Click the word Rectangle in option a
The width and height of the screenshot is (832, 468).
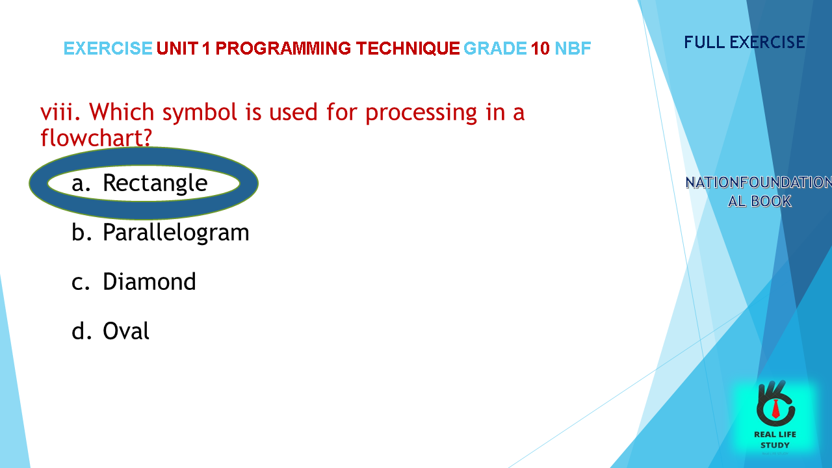(x=155, y=183)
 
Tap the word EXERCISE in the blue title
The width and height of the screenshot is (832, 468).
(x=108, y=48)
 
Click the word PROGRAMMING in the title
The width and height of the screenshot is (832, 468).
(x=283, y=48)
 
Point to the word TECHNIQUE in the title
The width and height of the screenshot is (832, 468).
(x=408, y=48)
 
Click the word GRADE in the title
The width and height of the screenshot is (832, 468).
(x=495, y=48)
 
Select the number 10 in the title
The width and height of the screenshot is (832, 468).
(x=540, y=48)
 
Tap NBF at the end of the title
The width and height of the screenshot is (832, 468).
(x=573, y=48)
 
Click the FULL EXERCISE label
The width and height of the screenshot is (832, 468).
(x=744, y=42)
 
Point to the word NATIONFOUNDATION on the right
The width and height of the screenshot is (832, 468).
(x=759, y=183)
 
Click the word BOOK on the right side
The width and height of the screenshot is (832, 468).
(x=771, y=201)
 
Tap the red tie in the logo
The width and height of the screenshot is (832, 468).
(x=775, y=409)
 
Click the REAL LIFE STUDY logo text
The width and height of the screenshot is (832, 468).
(x=775, y=440)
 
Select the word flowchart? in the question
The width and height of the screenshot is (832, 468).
(x=96, y=137)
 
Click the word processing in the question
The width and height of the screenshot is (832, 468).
(x=421, y=112)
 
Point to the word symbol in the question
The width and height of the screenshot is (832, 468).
(x=200, y=112)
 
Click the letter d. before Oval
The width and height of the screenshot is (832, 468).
(x=81, y=331)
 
